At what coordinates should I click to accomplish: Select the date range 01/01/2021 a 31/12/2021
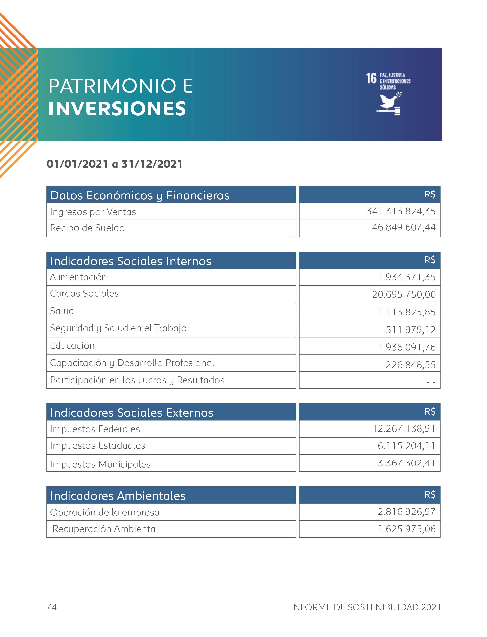click(x=114, y=164)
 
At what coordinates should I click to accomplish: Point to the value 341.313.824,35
click(x=401, y=211)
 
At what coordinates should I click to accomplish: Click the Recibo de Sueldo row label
click(x=87, y=228)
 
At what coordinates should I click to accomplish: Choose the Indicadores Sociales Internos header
click(x=131, y=261)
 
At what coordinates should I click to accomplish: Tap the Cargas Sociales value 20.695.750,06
click(x=404, y=294)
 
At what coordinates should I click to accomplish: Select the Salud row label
click(x=62, y=311)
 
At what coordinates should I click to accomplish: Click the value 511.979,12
click(x=410, y=330)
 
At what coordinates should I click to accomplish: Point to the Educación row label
click(x=72, y=346)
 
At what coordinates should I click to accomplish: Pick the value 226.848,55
click(x=410, y=365)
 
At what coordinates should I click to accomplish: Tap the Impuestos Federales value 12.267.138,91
click(x=404, y=429)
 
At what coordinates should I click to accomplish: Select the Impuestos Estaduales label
click(x=98, y=446)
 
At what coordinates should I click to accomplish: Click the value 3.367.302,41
click(x=406, y=463)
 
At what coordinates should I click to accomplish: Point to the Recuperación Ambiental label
click(x=105, y=529)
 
